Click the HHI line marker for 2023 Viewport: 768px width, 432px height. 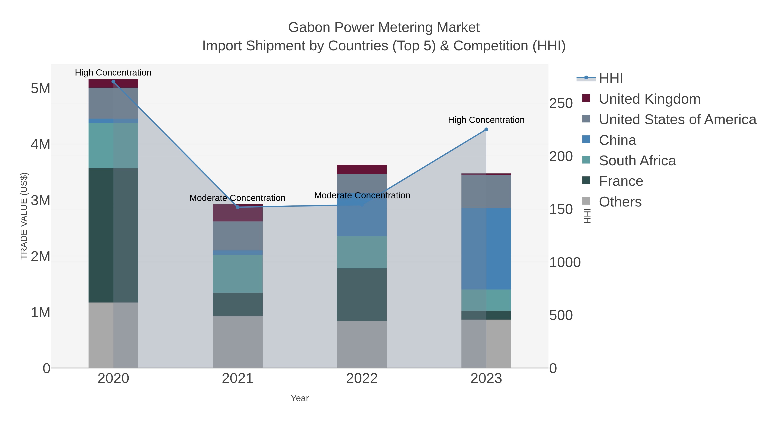pos(486,129)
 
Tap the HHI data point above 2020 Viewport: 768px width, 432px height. pos(113,82)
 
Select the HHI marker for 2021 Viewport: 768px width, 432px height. pos(238,207)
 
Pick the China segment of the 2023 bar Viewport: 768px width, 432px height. pos(486,249)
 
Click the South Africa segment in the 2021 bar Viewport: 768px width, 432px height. pos(238,273)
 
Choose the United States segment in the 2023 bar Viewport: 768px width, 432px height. pos(486,191)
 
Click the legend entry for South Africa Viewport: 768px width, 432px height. pos(637,161)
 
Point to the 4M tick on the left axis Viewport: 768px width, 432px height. pos(41,144)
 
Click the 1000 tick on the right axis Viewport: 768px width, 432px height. pos(565,262)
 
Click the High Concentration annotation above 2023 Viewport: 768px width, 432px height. pos(486,120)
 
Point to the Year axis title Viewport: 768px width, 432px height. pos(300,398)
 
